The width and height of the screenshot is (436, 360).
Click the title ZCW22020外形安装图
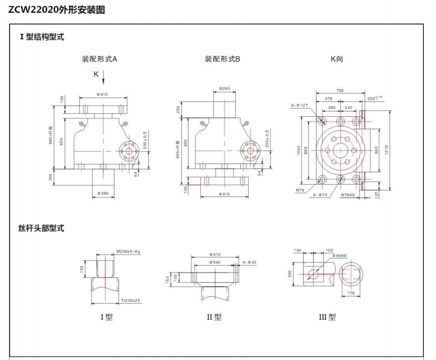pos(57,9)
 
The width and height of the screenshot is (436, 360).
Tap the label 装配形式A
pos(99,59)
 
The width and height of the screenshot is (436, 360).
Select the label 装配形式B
pos(222,59)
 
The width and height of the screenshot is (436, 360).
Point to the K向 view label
pos(337,59)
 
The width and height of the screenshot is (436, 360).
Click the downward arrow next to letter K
pos(103,77)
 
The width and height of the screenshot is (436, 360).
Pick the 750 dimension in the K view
pos(340,91)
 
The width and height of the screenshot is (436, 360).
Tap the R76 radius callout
pos(300,191)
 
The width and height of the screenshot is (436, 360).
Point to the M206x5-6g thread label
pos(129,252)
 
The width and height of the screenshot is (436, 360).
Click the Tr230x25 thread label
pos(131,301)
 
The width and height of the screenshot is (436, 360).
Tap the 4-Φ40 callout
pos(249,261)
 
